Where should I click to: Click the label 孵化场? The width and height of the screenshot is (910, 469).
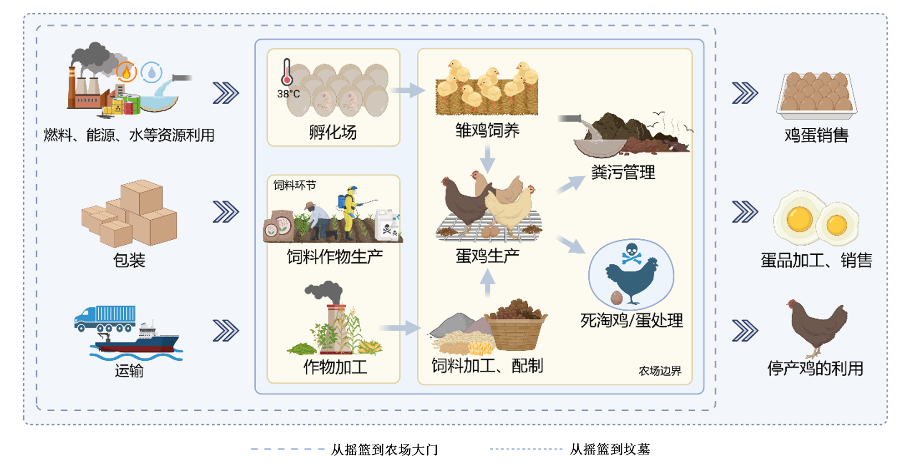click(333, 132)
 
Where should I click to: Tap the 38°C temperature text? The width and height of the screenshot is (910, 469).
click(288, 94)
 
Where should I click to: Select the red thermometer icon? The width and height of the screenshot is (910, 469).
click(287, 72)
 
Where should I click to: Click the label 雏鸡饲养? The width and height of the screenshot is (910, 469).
click(487, 131)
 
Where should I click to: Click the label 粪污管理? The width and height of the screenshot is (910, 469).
click(623, 172)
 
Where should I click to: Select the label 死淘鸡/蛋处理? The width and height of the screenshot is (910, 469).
click(632, 321)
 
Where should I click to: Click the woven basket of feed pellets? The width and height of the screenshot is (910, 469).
click(516, 325)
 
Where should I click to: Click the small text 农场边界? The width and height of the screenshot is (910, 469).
click(660, 371)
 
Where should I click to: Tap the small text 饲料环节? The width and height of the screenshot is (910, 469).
click(295, 185)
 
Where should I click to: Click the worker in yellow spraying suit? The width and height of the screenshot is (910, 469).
click(349, 212)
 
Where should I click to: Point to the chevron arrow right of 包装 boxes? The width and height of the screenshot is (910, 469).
click(226, 212)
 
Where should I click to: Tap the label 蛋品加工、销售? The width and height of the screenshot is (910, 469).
click(817, 261)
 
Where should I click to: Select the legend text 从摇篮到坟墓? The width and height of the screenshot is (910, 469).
click(610, 449)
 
